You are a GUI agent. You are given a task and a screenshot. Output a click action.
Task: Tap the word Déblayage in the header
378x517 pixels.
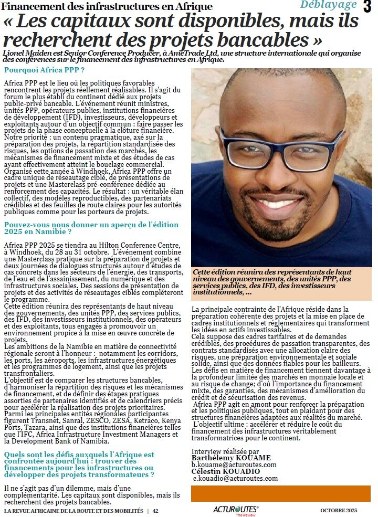(x=328, y=5)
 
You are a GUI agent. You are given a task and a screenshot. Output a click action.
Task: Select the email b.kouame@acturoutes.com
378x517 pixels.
(x=234, y=465)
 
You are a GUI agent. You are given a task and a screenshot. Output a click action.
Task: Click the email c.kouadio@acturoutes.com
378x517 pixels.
(x=235, y=478)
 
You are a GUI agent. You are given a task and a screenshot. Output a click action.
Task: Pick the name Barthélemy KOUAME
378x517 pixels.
(x=231, y=458)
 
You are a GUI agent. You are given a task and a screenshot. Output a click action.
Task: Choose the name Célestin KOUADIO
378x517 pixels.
(x=226, y=471)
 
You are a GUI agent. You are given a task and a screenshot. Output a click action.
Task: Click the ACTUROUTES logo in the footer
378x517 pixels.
(x=236, y=509)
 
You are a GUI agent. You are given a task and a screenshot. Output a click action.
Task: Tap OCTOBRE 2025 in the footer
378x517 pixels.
(x=339, y=510)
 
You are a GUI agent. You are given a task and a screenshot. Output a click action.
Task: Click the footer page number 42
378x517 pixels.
(x=155, y=511)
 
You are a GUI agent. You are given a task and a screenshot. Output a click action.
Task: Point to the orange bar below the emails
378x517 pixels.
(x=280, y=493)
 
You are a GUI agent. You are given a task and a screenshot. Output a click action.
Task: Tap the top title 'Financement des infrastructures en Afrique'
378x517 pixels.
(x=108, y=6)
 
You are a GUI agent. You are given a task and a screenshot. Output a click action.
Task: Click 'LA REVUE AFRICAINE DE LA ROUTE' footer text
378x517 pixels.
(x=73, y=511)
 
